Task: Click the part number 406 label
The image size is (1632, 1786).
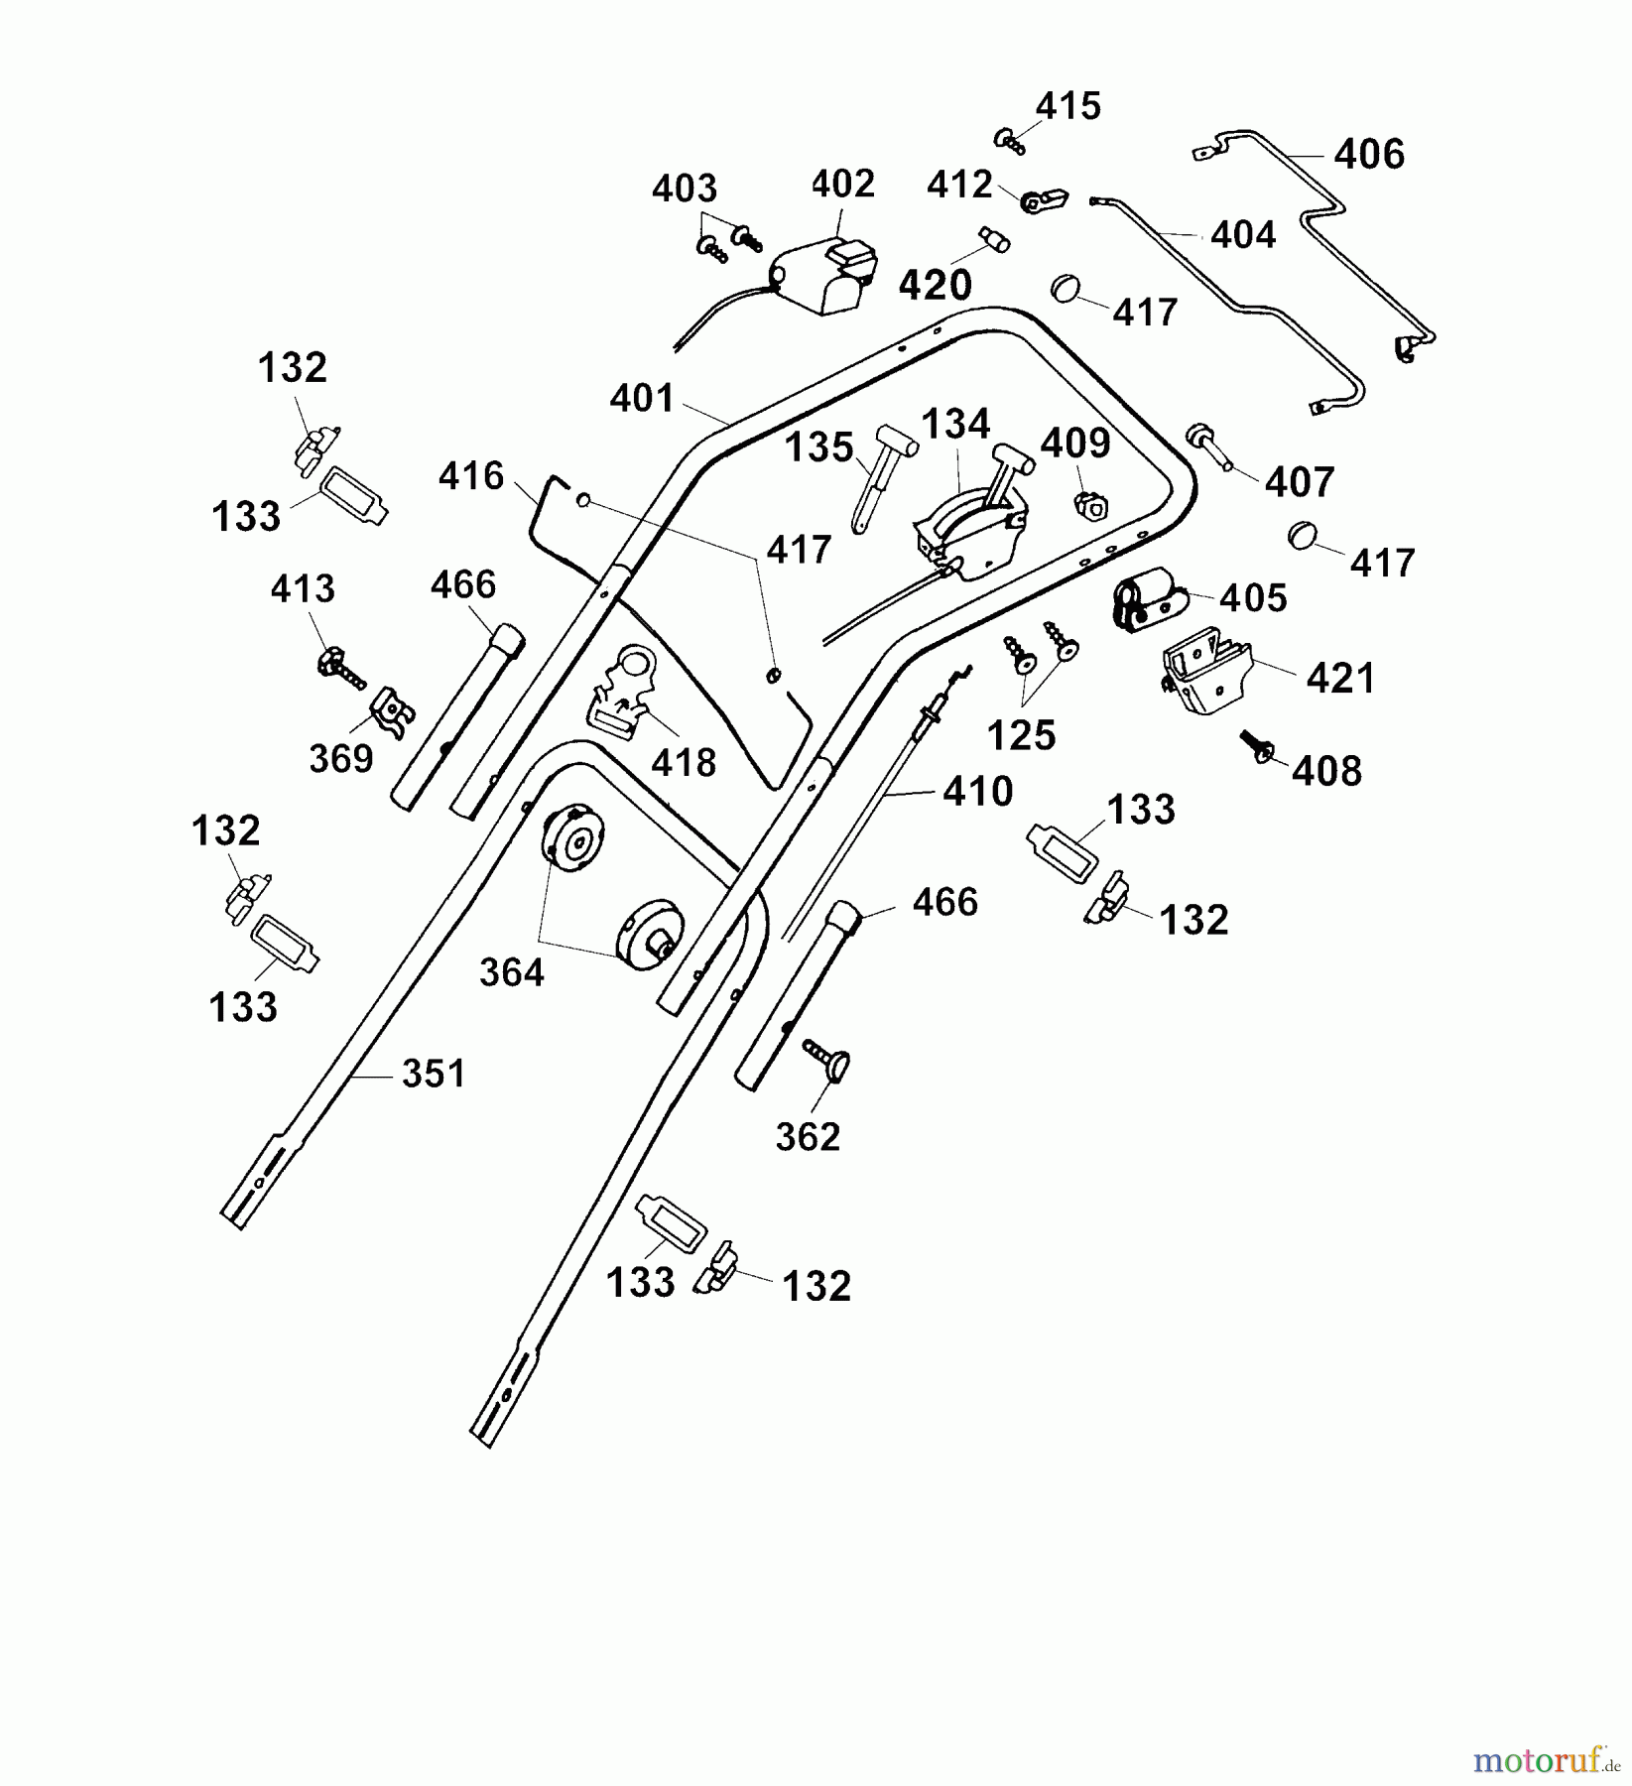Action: [x=1369, y=155]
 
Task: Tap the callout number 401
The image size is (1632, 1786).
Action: [x=642, y=399]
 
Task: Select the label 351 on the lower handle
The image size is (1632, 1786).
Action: [x=434, y=1074]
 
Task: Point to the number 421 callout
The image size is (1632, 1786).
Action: [x=1341, y=679]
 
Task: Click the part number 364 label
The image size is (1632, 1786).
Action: [x=512, y=972]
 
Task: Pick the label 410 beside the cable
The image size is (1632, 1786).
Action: [x=978, y=792]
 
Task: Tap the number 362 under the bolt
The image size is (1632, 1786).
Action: [x=808, y=1137]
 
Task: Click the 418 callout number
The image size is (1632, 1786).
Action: [x=684, y=762]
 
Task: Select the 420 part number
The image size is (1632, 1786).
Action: [x=935, y=286]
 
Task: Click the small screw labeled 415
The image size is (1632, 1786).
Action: [x=1010, y=140]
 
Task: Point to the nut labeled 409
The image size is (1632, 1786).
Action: [x=1090, y=507]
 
